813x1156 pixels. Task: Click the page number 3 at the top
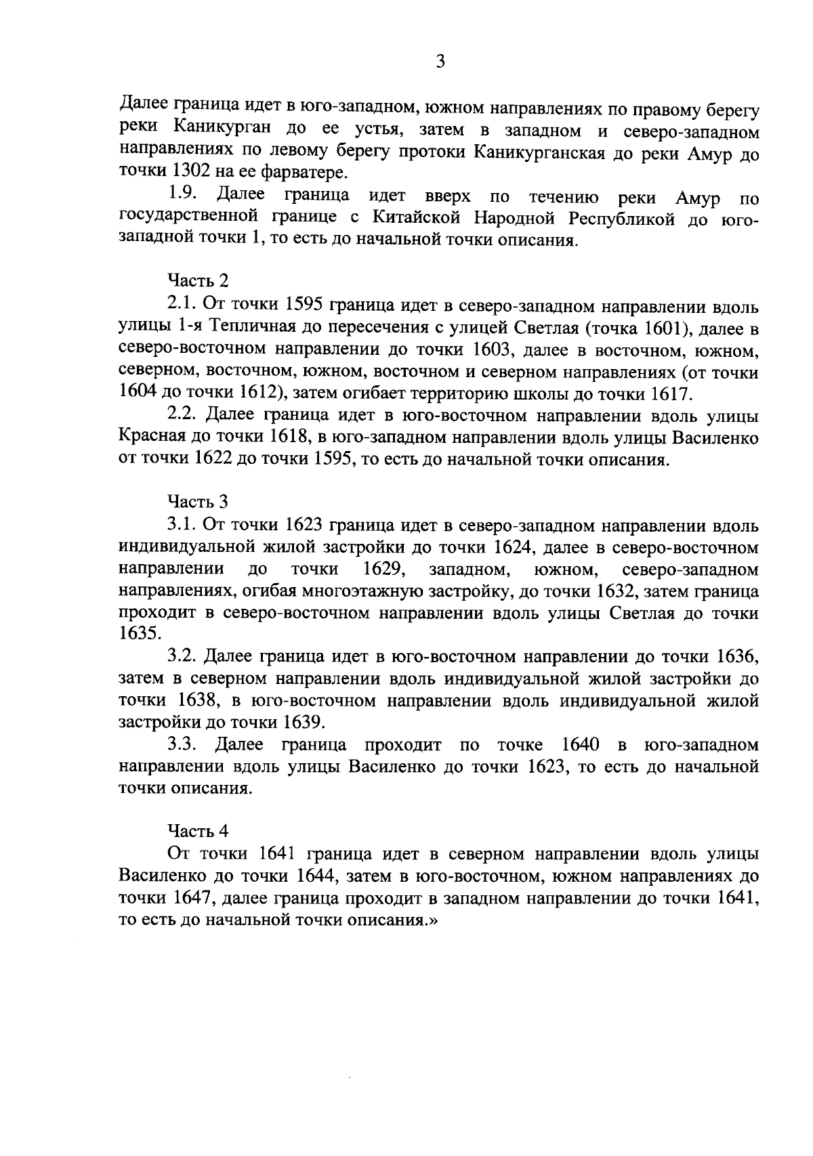[440, 62]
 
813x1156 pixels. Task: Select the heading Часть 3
[199, 502]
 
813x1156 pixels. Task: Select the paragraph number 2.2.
[182, 415]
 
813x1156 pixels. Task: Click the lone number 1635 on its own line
[140, 635]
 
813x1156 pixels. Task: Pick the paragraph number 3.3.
[182, 745]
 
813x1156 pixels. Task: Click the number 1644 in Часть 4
[318, 875]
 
